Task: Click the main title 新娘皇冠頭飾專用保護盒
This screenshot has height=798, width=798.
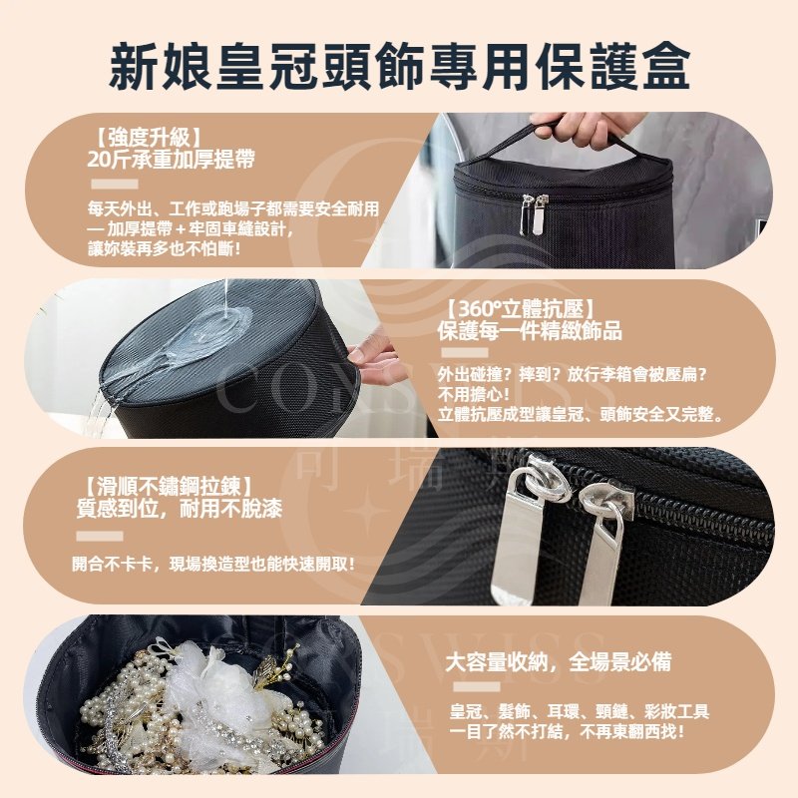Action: tap(400, 66)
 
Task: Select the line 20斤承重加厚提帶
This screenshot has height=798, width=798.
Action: tap(171, 160)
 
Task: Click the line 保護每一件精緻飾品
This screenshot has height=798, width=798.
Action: tap(530, 331)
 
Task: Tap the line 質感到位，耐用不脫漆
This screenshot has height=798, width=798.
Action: tap(180, 509)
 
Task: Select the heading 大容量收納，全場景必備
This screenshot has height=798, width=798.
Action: tap(559, 661)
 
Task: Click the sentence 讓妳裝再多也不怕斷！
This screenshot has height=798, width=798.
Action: tap(164, 249)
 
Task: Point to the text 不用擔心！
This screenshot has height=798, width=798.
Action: tap(474, 394)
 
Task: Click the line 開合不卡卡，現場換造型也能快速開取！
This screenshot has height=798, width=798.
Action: tap(213, 564)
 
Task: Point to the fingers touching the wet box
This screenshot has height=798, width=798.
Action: tap(377, 359)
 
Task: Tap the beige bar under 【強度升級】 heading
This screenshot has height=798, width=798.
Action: tap(115, 185)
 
